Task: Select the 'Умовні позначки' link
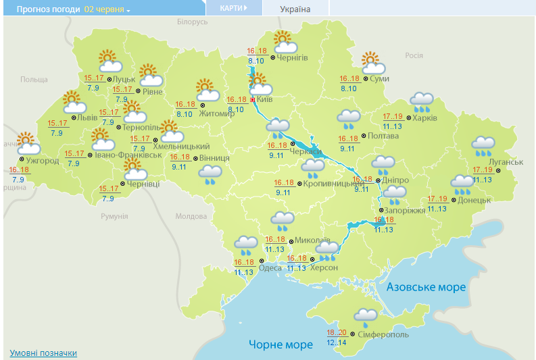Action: (43, 353)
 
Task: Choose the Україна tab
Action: (295, 9)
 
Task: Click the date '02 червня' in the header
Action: (106, 9)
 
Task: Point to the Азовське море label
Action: (426, 287)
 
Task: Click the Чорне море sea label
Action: (281, 344)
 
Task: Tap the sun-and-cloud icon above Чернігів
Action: (285, 42)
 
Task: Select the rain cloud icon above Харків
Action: (422, 102)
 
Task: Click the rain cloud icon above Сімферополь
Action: (366, 316)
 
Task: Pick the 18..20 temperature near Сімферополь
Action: (336, 333)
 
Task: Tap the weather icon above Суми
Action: (372, 63)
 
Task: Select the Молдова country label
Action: (191, 216)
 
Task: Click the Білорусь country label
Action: (192, 22)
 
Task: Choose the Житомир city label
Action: (218, 113)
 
